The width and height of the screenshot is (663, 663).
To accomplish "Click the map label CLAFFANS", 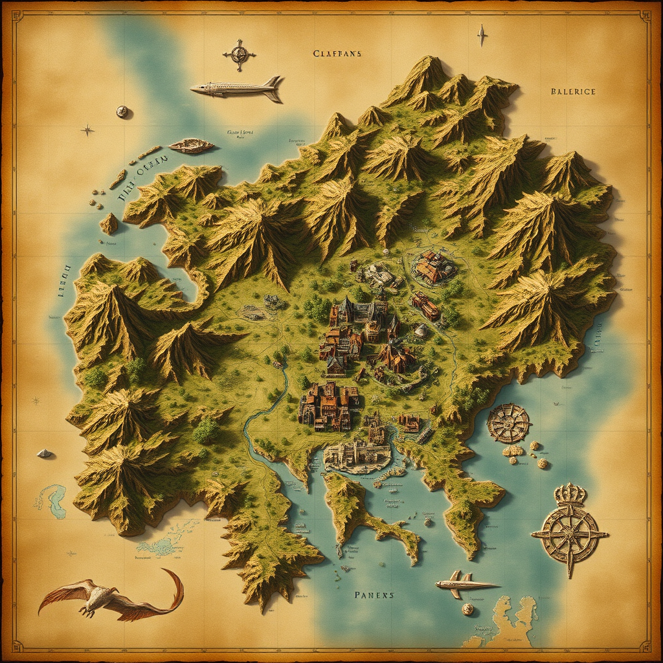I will point(337,54).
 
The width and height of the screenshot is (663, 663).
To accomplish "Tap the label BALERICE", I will point(572,92).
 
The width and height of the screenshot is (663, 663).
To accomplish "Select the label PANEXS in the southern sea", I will point(374,594).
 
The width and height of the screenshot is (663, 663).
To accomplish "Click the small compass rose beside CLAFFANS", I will point(239,54).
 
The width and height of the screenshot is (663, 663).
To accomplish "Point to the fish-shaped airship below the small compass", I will point(237,89).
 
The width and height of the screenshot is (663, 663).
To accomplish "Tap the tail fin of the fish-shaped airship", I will point(275,87).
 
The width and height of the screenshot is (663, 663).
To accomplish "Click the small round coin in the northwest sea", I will point(122,111).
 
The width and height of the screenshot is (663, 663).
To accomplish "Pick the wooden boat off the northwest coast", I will point(191,146).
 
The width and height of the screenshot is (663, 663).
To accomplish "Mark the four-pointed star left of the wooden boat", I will point(87,130).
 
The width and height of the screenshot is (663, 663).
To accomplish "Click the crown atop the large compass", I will point(570,495).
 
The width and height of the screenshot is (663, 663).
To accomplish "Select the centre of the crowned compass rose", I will point(570,534).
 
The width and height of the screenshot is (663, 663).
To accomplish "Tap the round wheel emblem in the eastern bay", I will point(508,423).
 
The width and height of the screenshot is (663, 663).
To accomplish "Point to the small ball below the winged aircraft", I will point(467,609).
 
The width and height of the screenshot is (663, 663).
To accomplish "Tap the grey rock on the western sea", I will point(44,453).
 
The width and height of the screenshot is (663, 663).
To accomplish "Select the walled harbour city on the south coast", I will point(357,455).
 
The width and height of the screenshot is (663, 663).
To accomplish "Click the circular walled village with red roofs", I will point(433,267).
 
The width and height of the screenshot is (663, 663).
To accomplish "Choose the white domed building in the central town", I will point(421,331).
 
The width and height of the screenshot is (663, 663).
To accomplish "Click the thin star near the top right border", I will point(481,35).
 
